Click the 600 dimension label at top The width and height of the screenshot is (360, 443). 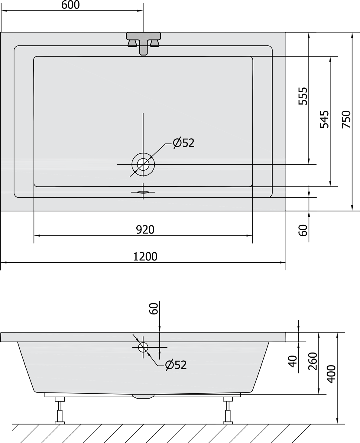[70, 5]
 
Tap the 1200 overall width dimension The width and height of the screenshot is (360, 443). [145, 257]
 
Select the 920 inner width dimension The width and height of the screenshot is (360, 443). [145, 230]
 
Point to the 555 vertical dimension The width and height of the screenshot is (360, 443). [303, 96]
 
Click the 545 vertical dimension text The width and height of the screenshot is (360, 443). [324, 120]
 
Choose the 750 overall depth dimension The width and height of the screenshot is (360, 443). [346, 120]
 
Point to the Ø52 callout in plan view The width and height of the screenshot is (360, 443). [184, 143]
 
